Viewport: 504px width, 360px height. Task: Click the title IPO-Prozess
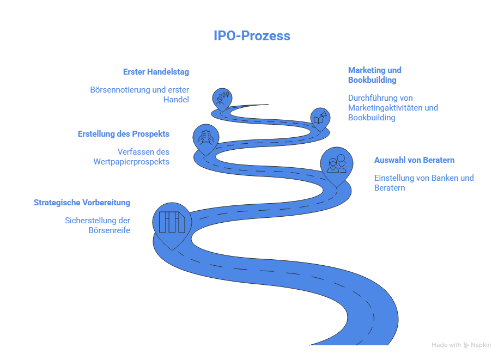coord(252,36)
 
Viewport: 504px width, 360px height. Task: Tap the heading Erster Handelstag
coord(156,72)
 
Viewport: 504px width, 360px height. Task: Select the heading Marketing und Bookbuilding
coord(374,75)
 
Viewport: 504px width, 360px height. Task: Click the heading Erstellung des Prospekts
coord(123,133)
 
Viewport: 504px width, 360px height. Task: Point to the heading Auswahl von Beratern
coord(414,160)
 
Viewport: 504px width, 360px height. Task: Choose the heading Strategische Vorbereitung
coord(82,203)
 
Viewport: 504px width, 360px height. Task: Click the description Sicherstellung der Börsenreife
coord(98,225)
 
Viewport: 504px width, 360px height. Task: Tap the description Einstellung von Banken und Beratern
coord(423,182)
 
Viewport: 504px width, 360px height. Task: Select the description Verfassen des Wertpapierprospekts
coord(131,156)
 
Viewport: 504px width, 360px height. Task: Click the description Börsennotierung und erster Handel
coord(139,95)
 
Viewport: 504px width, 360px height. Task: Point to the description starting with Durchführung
coord(392,108)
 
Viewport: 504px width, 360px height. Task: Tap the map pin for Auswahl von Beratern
coord(336,164)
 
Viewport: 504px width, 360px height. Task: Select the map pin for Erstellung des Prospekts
coord(206,137)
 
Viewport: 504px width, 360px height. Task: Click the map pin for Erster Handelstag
coord(222,99)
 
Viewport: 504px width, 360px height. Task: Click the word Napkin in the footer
coord(481,345)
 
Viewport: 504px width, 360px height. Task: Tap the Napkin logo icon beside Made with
coord(466,345)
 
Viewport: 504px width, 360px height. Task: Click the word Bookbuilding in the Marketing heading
coord(372,80)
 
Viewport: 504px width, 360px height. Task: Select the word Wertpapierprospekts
coord(131,162)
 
